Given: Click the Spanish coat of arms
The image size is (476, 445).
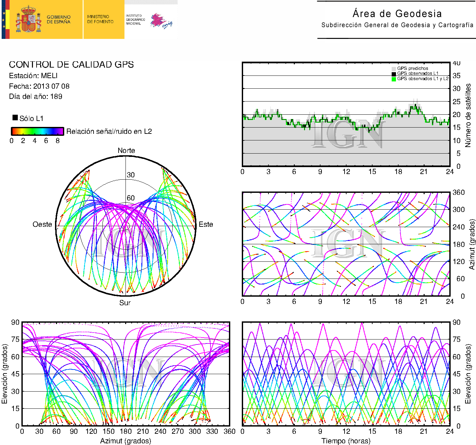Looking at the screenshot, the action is point(28,19).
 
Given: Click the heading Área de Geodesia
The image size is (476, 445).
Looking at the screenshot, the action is point(397,14).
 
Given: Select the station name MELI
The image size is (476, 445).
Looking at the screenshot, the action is point(49,75).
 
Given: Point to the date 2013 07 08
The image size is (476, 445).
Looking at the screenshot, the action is point(51,86).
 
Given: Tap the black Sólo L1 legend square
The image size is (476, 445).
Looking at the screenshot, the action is point(15,118).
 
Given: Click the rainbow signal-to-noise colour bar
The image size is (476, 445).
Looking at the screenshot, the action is point(38,131).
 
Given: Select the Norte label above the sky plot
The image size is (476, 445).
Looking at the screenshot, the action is point(126,150).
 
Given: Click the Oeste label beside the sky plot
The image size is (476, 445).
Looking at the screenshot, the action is point(42,224).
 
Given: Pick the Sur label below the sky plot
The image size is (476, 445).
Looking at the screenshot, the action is point(125,303).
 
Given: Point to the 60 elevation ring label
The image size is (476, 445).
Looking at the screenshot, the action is point(131,198).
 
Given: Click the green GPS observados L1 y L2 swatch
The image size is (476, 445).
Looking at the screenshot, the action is point(394,79).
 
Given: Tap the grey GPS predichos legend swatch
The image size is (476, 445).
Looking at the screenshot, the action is point(394,69).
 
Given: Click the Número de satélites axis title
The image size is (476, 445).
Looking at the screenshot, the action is point(468,115).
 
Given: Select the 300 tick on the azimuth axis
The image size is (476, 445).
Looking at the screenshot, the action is point(458,209).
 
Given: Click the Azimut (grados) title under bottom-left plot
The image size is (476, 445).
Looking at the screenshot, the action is point(126,441).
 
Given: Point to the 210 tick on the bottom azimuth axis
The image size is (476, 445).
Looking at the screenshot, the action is point(143,431).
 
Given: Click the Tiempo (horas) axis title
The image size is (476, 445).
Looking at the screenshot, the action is point(346,441).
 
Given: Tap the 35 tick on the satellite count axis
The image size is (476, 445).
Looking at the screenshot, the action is point(456,75).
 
